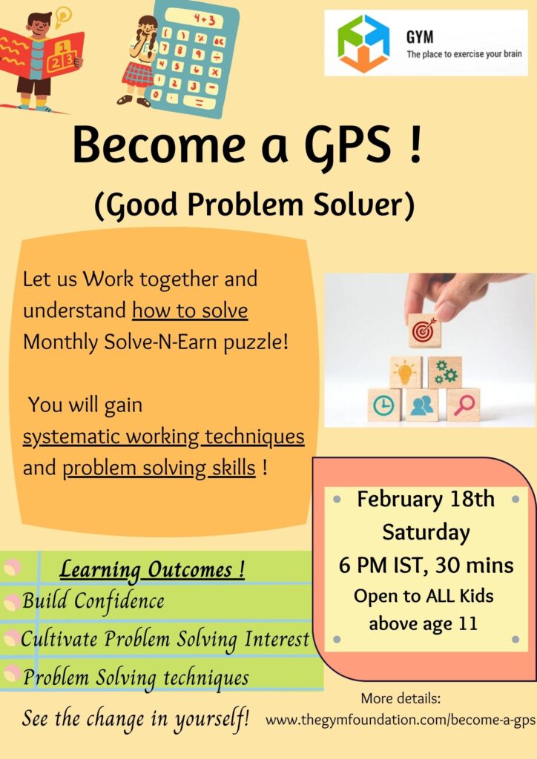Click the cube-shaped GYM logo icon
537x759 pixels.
coord(363,43)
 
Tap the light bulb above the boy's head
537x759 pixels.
coord(62,17)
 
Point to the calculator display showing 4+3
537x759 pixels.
coord(205,20)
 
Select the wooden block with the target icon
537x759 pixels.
coord(425,330)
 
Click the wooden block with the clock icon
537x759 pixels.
coord(384,405)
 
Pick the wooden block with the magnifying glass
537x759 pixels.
coord(464,405)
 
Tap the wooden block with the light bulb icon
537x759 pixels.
coord(405,373)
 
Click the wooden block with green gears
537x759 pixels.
coord(444,373)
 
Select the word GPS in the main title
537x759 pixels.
coord(347,145)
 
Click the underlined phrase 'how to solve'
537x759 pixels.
coord(190,311)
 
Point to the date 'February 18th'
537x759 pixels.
coord(426,499)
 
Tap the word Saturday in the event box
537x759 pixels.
coord(426,532)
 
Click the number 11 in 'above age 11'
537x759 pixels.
coord(468,623)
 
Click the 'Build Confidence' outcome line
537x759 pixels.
coord(93,600)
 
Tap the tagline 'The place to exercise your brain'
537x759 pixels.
coord(464,53)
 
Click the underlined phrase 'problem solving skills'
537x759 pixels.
coord(159,468)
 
